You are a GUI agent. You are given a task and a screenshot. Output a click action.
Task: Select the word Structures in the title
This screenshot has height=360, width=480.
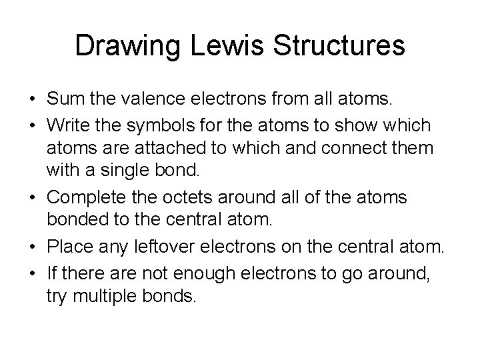coord(344,46)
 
